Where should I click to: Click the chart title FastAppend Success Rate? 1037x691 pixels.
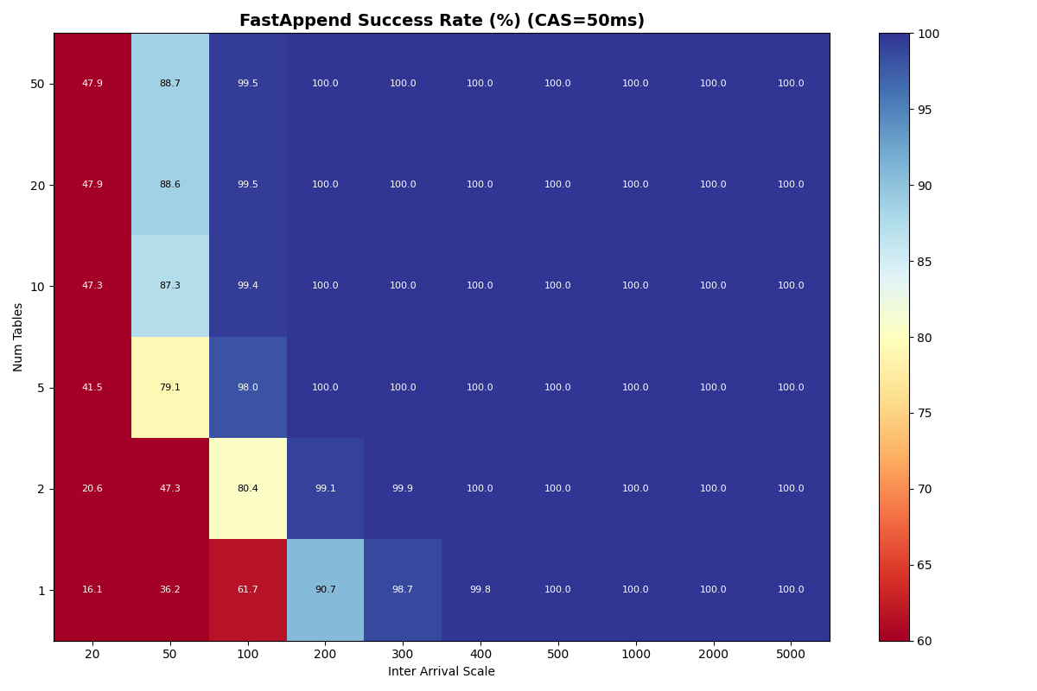(x=442, y=21)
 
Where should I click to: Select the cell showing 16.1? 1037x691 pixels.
(x=92, y=590)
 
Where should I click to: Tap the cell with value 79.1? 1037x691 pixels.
(x=170, y=388)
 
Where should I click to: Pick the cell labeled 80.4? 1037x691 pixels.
(x=248, y=489)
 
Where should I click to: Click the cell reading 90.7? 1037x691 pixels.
(x=325, y=590)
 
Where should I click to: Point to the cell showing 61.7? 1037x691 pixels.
(x=248, y=590)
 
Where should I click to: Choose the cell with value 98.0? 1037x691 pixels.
(x=248, y=388)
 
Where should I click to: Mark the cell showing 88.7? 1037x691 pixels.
(x=170, y=84)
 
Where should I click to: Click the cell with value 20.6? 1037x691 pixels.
(x=92, y=489)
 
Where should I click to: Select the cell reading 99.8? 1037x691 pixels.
(x=480, y=590)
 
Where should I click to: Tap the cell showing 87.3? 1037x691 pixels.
(x=170, y=286)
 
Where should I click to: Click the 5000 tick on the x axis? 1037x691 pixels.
(x=791, y=656)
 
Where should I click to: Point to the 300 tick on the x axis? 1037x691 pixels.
(x=403, y=656)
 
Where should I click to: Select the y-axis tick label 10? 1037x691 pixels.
(x=36, y=286)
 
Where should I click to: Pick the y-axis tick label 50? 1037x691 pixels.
(x=36, y=84)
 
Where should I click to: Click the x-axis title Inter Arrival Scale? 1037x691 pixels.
(x=442, y=672)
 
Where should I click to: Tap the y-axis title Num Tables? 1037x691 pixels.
(x=19, y=337)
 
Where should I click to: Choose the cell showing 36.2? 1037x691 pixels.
(x=170, y=590)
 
